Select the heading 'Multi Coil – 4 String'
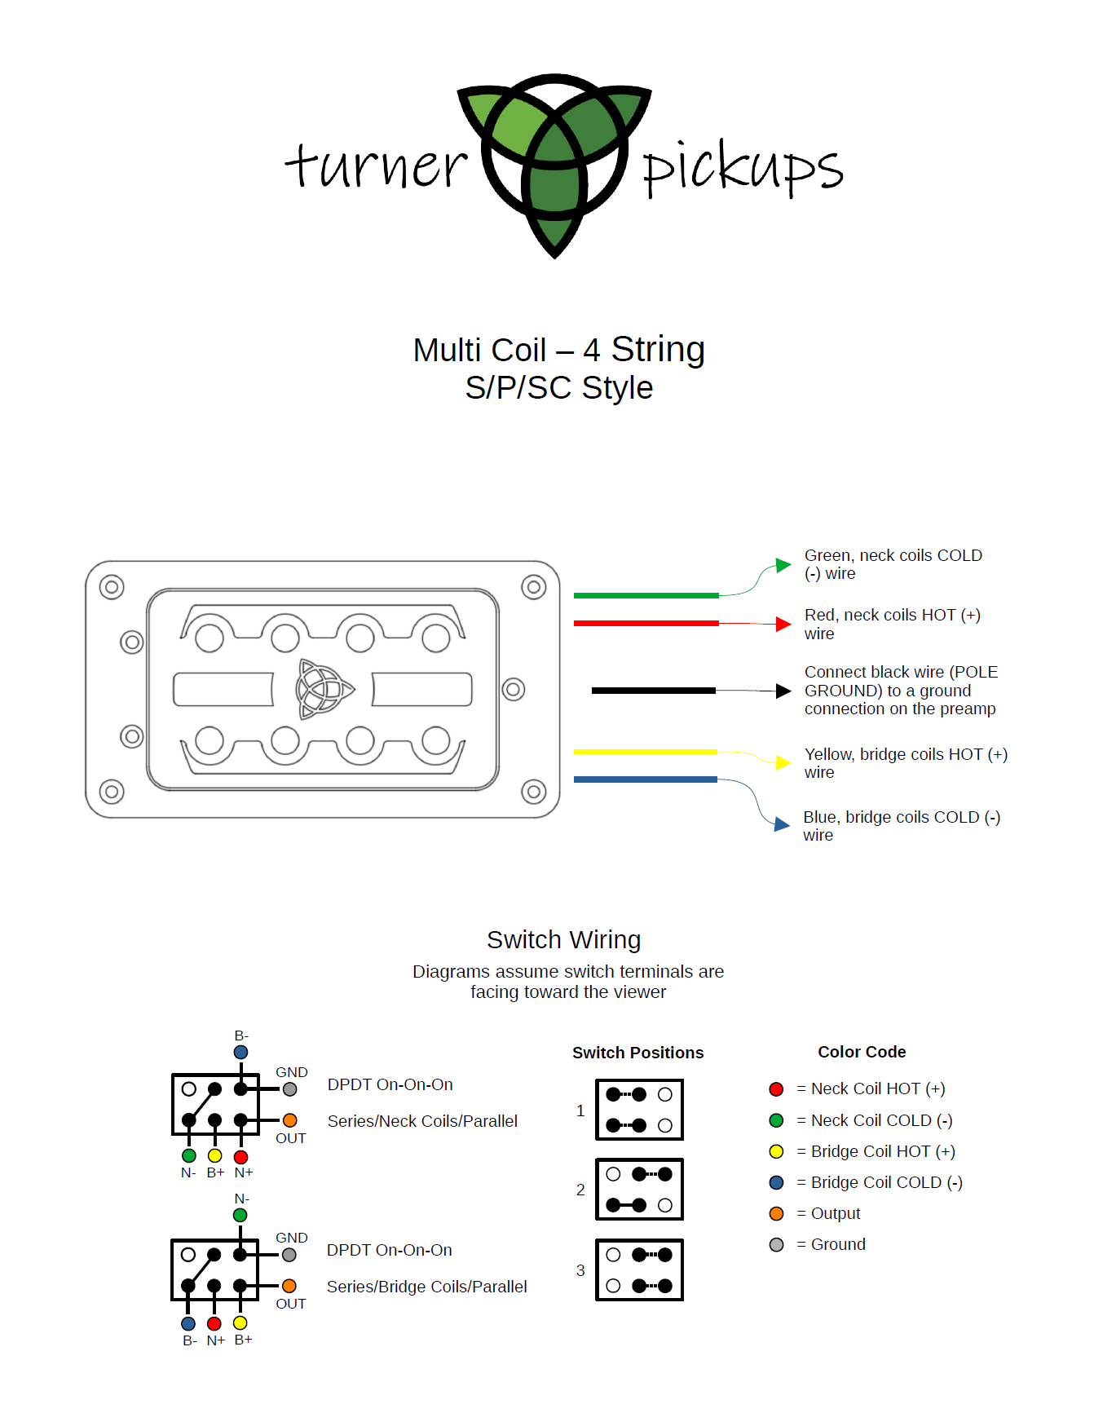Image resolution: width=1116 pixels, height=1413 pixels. (558, 350)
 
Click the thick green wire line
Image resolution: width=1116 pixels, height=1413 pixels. (646, 596)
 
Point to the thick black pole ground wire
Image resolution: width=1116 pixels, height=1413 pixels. (654, 691)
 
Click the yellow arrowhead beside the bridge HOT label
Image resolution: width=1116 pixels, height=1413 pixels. (783, 762)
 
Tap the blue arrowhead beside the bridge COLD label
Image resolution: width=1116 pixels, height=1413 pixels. (782, 824)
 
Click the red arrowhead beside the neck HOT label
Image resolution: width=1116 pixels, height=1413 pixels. (783, 625)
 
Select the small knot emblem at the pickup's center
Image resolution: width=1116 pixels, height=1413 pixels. (324, 689)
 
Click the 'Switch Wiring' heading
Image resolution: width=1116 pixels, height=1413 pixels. (564, 940)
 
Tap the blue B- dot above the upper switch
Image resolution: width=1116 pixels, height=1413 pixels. (240, 1053)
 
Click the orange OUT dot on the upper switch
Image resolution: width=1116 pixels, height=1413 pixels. (289, 1120)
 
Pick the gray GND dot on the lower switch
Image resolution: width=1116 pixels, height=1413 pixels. (289, 1256)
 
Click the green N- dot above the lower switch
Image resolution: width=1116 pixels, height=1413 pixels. (240, 1215)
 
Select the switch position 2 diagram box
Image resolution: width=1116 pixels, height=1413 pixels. (640, 1190)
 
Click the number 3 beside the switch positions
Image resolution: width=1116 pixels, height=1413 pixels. (580, 1270)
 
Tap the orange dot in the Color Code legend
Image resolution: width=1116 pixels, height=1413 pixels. (776, 1213)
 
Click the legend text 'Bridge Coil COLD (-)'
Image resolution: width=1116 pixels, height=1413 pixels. (887, 1182)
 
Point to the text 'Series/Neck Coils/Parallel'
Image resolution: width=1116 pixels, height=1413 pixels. (422, 1121)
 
